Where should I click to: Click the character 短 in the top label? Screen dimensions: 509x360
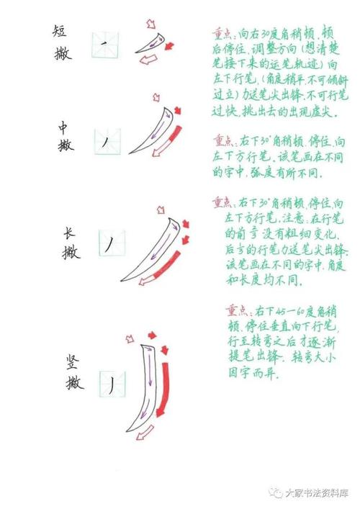coord(61,31)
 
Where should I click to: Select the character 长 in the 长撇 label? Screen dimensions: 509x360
coord(70,232)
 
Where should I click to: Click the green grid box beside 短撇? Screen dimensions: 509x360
coord(105,44)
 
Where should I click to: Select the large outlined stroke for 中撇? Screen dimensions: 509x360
coord(156,129)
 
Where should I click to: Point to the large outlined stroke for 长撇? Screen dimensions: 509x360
coord(155,245)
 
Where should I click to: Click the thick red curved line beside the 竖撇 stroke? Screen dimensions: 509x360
coord(166,389)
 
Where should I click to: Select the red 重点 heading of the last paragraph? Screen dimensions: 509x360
coord(238,310)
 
